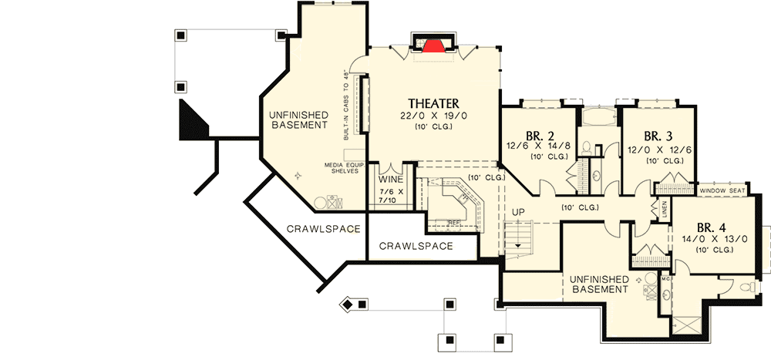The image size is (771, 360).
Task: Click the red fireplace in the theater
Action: pyautogui.click(x=434, y=45)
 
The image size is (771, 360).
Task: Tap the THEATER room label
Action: pyautogui.click(x=433, y=103)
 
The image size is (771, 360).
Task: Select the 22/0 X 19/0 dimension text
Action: pyautogui.click(x=433, y=116)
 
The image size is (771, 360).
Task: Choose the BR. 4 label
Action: pyautogui.click(x=711, y=228)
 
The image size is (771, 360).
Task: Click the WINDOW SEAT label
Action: pyautogui.click(x=722, y=190)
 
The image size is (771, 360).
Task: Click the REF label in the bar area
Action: pyautogui.click(x=453, y=222)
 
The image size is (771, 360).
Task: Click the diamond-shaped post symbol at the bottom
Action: pyautogui.click(x=348, y=305)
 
